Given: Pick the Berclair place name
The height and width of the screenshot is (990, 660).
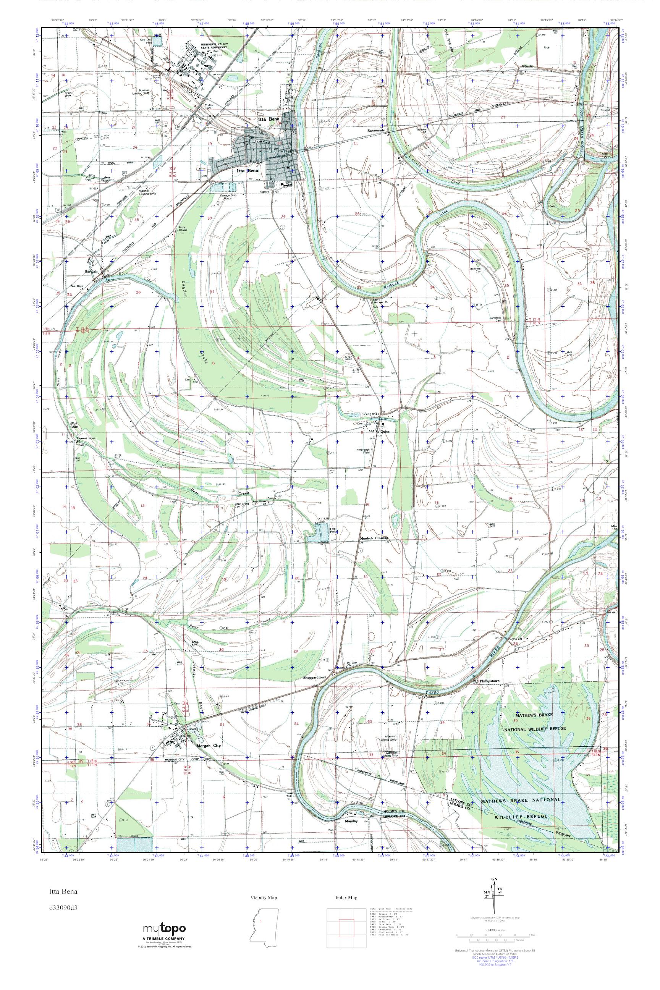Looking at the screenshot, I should coord(91,272).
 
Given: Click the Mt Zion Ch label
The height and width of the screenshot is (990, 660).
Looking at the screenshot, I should coord(348,664).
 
